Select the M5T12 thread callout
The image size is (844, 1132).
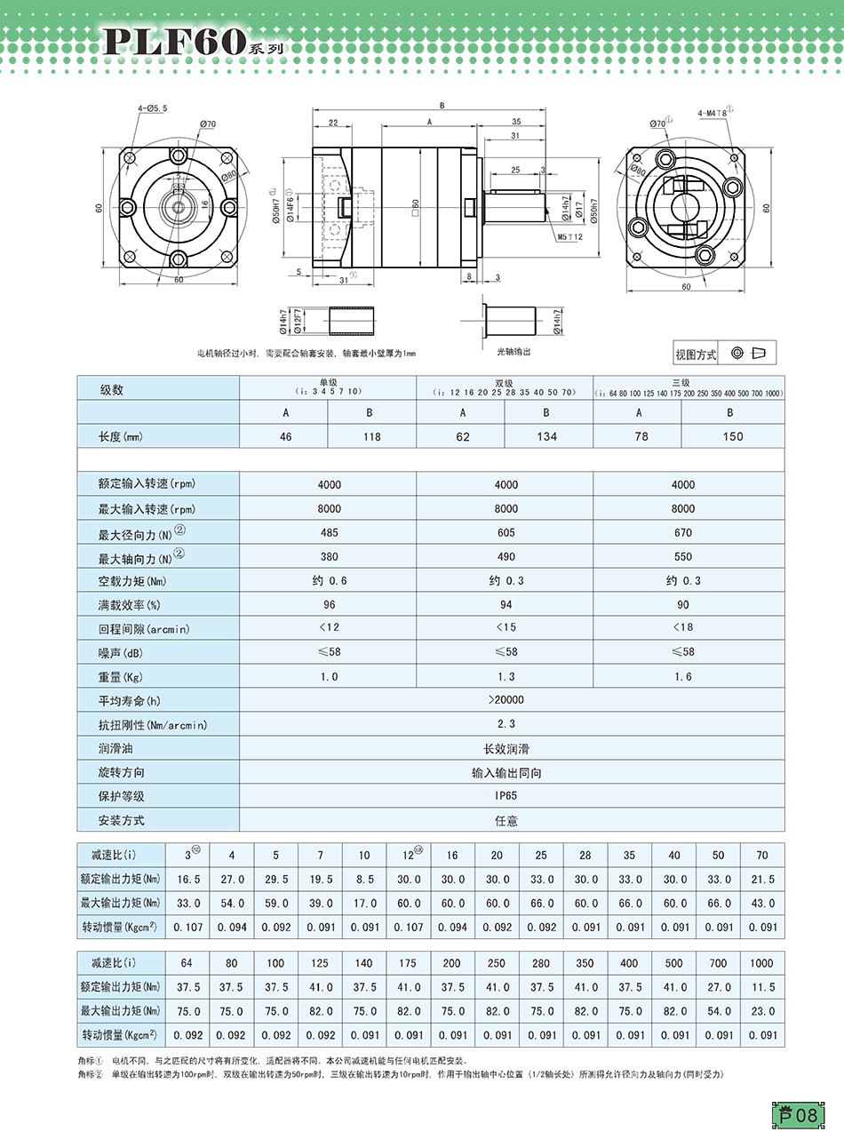pyautogui.click(x=569, y=237)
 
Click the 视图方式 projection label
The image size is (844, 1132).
pyautogui.click(x=696, y=355)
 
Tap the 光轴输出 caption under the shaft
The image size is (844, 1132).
pyautogui.click(x=513, y=352)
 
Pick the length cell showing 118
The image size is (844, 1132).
pyautogui.click(x=371, y=436)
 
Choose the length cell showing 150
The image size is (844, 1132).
pyautogui.click(x=729, y=436)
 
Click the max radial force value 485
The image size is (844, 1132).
pyautogui.click(x=328, y=532)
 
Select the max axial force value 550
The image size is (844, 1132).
pyautogui.click(x=682, y=556)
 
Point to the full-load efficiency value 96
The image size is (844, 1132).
pyautogui.click(x=328, y=604)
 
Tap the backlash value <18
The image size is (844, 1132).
pyautogui.click(x=682, y=628)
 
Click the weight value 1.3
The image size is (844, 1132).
pyautogui.click(x=506, y=676)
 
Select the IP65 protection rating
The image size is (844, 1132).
pyautogui.click(x=506, y=796)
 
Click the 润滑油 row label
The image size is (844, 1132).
pyautogui.click(x=115, y=749)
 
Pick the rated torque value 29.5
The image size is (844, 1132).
pyautogui.click(x=275, y=879)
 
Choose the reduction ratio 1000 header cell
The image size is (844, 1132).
pyautogui.click(x=761, y=963)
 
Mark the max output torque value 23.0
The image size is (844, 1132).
pyautogui.click(x=761, y=1010)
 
